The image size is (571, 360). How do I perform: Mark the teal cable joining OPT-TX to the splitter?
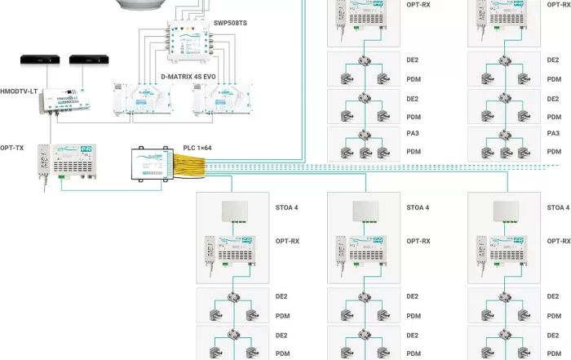click(x=114, y=189)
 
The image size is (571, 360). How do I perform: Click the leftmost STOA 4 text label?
click(x=286, y=207)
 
